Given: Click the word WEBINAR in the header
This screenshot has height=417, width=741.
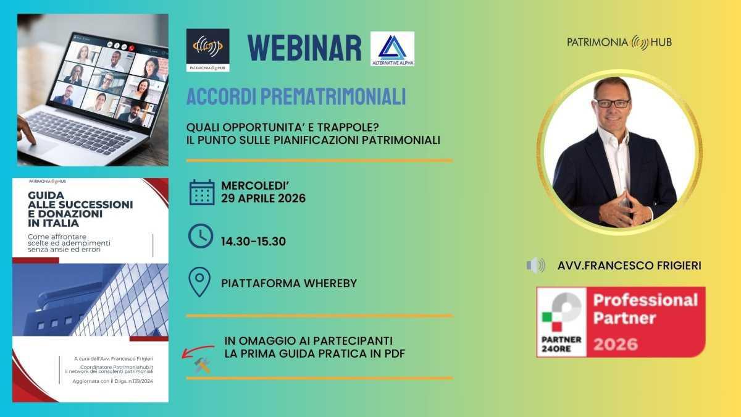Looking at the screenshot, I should tap(304, 48).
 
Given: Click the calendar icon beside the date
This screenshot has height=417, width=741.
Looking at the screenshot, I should tap(201, 192).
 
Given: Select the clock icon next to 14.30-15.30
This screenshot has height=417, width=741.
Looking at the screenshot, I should tap(201, 236).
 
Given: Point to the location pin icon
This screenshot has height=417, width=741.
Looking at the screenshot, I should tap(199, 282).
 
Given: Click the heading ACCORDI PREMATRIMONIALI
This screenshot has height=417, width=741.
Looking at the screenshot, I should tap(296, 97).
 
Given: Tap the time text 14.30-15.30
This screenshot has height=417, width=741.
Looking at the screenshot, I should tap(253, 242).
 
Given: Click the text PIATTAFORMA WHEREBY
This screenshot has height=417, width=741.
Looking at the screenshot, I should tap(289, 284).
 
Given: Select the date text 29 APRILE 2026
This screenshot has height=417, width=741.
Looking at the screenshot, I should tap(263, 198).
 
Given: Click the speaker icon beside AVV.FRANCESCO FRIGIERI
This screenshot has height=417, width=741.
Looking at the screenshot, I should tap(535, 266).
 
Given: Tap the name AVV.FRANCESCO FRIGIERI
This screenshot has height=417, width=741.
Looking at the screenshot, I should tap(629, 266).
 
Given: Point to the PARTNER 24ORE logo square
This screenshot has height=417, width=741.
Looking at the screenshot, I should tap(562, 322).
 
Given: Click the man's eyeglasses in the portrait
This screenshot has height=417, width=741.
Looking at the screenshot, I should tap(612, 103).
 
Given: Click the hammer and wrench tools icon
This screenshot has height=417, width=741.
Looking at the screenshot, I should tap(202, 365).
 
